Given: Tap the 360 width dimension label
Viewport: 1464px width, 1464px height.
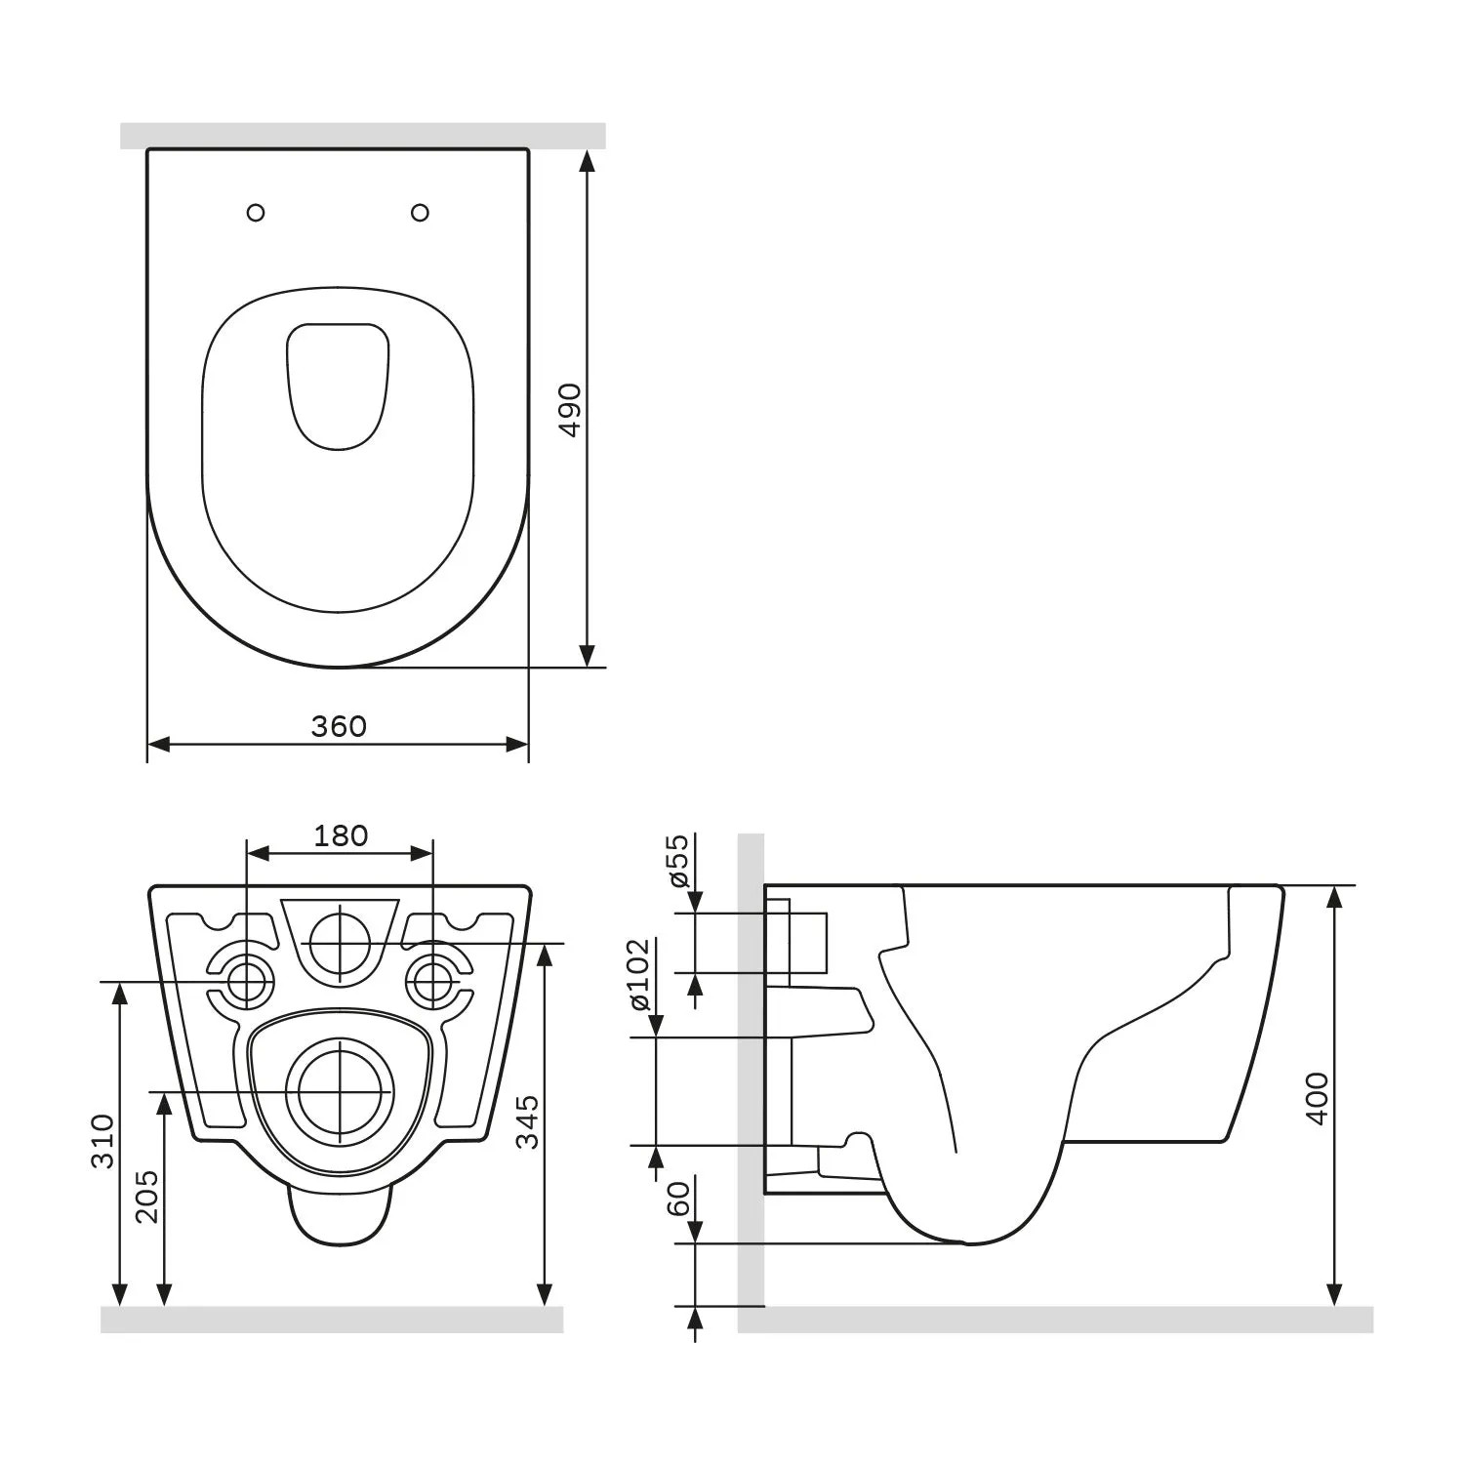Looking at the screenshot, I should [339, 726].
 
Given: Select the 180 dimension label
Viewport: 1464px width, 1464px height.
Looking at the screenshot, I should [341, 835].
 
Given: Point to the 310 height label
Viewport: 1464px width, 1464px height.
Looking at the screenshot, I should [103, 1140].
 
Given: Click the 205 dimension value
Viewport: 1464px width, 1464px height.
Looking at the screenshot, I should [146, 1196].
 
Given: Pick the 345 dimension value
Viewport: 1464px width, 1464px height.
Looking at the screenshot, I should [527, 1122].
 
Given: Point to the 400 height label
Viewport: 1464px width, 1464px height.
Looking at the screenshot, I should [1317, 1098].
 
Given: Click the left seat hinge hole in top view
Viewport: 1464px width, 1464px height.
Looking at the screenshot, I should [256, 212].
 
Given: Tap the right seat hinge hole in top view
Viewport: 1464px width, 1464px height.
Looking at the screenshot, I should [421, 212].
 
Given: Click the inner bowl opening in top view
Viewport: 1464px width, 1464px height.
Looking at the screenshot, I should [338, 386].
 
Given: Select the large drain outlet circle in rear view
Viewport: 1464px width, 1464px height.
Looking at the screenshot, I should [339, 1090].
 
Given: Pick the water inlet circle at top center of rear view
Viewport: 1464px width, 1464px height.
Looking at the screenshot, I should [340, 943].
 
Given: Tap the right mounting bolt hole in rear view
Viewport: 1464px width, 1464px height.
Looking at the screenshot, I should [432, 982].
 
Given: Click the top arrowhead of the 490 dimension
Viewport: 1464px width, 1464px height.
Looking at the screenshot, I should [587, 160].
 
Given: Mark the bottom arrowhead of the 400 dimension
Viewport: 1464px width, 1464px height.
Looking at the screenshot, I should [1335, 1294].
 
